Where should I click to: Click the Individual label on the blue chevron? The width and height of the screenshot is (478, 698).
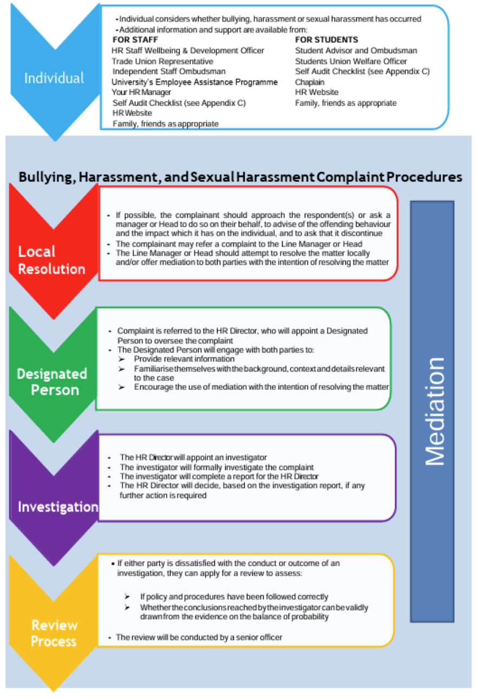pyautogui.click(x=54, y=78)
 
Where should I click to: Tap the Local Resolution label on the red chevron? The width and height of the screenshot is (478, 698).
pyautogui.click(x=51, y=260)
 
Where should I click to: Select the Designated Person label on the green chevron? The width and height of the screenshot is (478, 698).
pyautogui.click(x=51, y=382)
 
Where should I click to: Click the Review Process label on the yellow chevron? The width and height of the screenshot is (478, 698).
pyautogui.click(x=54, y=633)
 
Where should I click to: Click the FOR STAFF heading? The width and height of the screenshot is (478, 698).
pyautogui.click(x=135, y=40)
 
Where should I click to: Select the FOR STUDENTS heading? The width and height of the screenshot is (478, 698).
pyautogui.click(x=326, y=40)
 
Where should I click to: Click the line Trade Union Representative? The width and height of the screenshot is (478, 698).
pyautogui.click(x=162, y=61)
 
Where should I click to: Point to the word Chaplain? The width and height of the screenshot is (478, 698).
pyautogui.click(x=310, y=82)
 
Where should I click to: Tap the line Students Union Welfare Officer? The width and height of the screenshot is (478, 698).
pyautogui.click(x=351, y=61)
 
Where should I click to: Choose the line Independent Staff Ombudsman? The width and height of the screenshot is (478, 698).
pyautogui.click(x=169, y=71)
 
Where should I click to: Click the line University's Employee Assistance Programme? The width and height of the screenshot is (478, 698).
pyautogui.click(x=194, y=82)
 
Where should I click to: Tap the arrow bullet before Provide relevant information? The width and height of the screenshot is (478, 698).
pyautogui.click(x=122, y=359)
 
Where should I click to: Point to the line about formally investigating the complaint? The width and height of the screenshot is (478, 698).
pyautogui.click(x=217, y=467)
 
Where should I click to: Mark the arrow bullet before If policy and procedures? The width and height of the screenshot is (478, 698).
pyautogui.click(x=128, y=597)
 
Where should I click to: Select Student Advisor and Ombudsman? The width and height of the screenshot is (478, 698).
pyautogui.click(x=356, y=51)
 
